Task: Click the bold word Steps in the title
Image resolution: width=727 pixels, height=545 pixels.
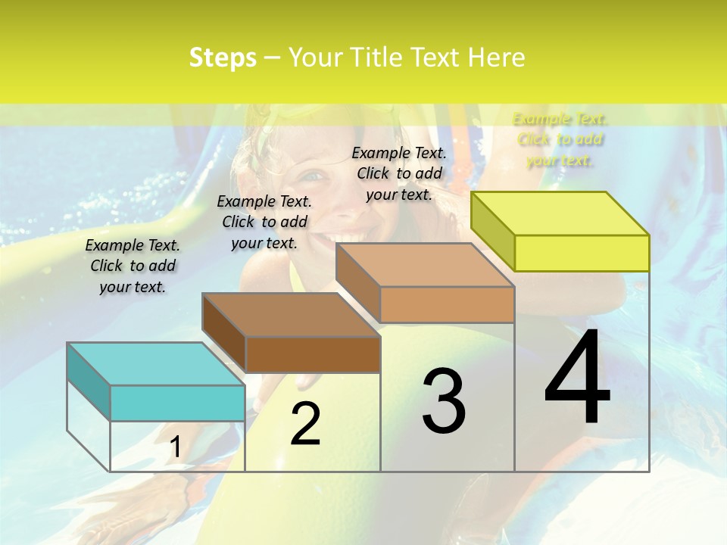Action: point(223,58)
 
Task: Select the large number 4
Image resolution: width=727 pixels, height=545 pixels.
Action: point(577,379)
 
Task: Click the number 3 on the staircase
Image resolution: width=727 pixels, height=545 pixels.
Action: point(444,402)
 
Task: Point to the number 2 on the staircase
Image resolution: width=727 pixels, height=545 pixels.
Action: point(305,425)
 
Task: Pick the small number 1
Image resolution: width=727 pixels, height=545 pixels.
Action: point(175,447)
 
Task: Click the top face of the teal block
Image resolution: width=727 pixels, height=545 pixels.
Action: point(156,364)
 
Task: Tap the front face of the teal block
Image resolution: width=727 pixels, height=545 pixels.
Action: point(177,403)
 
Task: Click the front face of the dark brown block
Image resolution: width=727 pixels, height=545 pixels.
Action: point(313,354)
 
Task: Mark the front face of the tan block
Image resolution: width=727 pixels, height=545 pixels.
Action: point(447,304)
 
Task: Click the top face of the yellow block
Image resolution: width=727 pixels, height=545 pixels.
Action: point(560,213)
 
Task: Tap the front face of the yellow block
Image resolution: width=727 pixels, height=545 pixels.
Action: point(582,253)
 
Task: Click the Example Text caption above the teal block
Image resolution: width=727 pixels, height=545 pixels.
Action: point(133,266)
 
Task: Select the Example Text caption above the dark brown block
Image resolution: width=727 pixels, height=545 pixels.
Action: point(264,222)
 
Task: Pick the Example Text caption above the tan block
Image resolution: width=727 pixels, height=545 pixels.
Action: point(399,173)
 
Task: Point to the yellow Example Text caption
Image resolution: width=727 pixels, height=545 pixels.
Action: point(560,139)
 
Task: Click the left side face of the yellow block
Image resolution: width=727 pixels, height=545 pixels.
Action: point(492,231)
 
